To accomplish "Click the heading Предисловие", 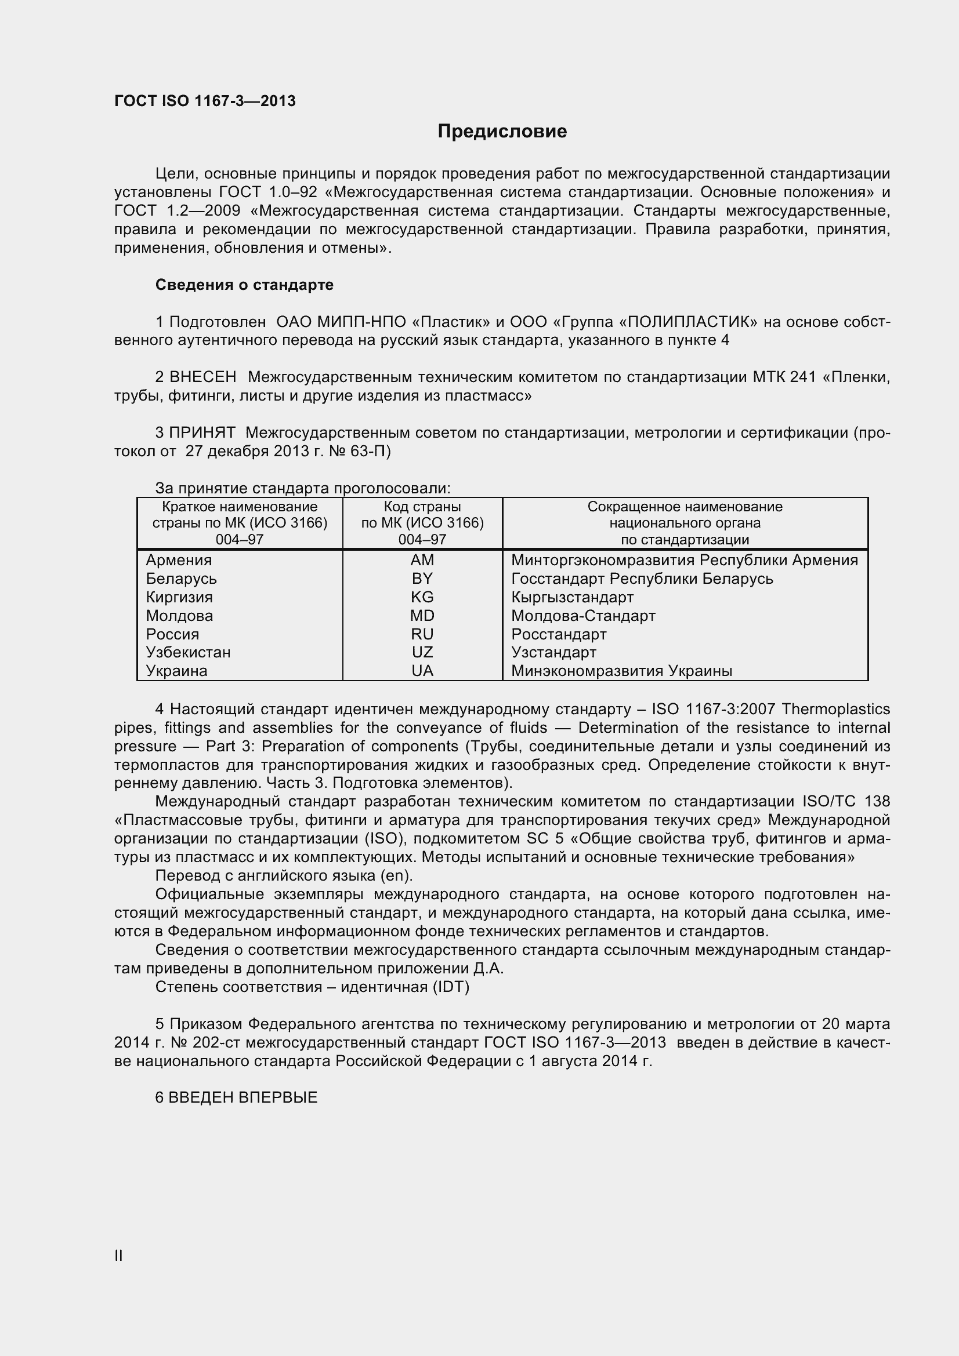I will pos(502,131).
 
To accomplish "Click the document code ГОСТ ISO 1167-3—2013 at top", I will pos(205,101).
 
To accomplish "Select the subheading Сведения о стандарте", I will pos(244,285).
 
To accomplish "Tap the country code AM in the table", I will pos(422,560).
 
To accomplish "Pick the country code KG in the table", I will pos(422,597).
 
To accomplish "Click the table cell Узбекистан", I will pos(188,652).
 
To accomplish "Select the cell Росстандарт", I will pos(558,634).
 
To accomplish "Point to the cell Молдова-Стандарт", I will pos(582,616).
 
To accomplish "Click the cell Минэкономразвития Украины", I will pos(621,670).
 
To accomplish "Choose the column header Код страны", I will pos(422,507).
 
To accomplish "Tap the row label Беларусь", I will pos(181,578).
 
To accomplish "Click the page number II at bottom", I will pos(118,1256).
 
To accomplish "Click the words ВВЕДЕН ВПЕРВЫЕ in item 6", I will pos(243,1097).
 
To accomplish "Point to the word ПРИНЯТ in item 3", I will pos(202,432).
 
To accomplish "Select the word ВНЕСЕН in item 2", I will pos(202,376).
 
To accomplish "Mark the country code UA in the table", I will pos(422,670).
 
